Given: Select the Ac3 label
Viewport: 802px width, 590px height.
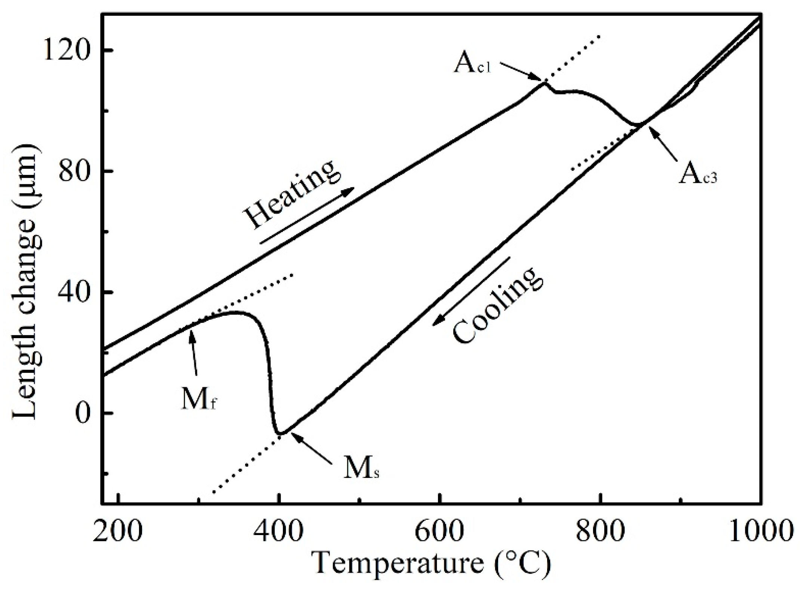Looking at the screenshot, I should pyautogui.click(x=698, y=175).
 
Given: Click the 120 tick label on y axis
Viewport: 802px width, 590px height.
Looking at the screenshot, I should pyautogui.click(x=67, y=50).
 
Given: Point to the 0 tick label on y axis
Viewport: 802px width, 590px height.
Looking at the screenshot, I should pyautogui.click(x=82, y=413).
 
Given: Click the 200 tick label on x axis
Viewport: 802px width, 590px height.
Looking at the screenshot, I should pyautogui.click(x=118, y=531).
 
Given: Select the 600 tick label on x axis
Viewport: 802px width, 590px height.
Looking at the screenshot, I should pyautogui.click(x=441, y=531).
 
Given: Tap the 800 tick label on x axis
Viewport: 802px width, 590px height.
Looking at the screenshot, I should pyautogui.click(x=601, y=531).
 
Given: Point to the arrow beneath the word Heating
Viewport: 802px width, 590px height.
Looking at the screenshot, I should pyautogui.click(x=306, y=216).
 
